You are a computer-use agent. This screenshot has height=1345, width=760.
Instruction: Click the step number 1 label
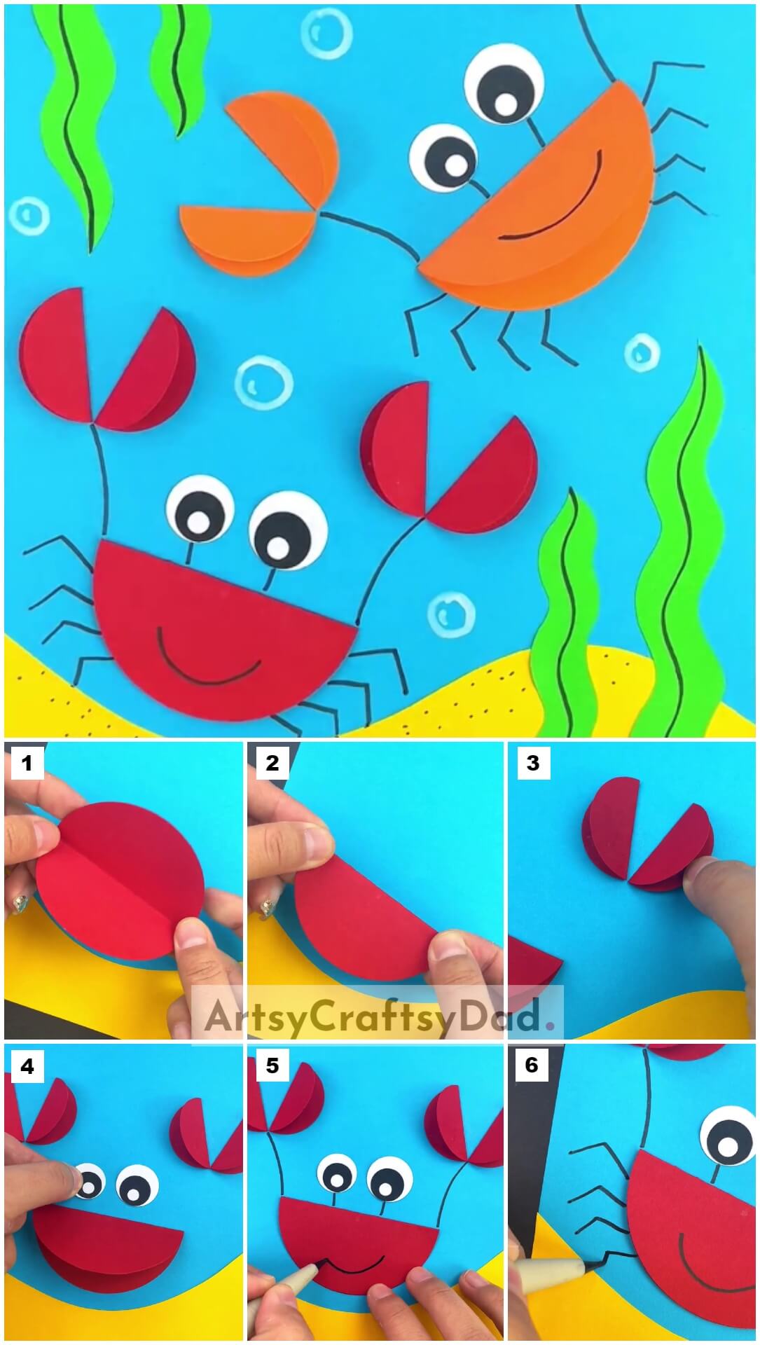click(27, 762)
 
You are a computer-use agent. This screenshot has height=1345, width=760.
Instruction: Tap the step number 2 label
click(272, 762)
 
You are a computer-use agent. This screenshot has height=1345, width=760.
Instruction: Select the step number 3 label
click(532, 762)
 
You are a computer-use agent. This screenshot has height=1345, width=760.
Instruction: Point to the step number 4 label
click(27, 1066)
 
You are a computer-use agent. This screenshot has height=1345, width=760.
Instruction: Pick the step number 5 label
click(272, 1066)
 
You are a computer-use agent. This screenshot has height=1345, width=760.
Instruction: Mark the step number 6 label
click(532, 1065)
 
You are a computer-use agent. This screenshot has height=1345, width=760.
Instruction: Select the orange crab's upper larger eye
click(503, 86)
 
